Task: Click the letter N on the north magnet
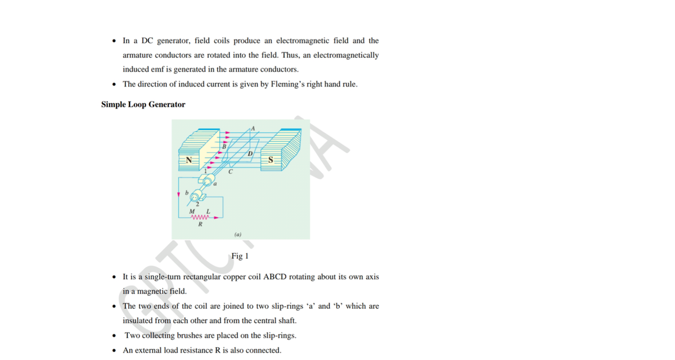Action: [190, 160]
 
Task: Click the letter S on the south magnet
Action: [271, 160]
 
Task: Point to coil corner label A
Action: [253, 128]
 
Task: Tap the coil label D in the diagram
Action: [250, 153]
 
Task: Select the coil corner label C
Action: [231, 173]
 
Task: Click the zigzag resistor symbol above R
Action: [200, 217]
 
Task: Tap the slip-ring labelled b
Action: [196, 197]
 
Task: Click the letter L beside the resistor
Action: [208, 210]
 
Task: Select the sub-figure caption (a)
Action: [237, 233]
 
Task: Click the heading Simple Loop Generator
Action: [143, 105]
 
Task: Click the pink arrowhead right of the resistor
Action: [215, 217]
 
